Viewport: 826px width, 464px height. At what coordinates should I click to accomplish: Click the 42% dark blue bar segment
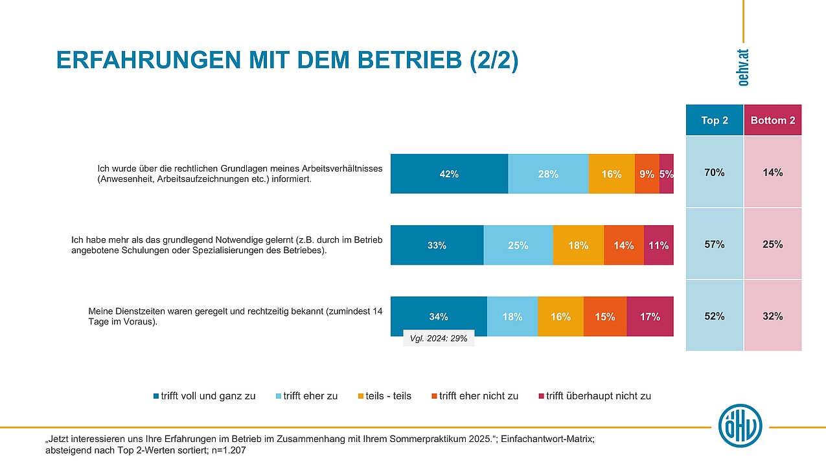[x=449, y=174]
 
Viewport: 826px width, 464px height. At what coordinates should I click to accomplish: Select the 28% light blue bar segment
[x=548, y=174]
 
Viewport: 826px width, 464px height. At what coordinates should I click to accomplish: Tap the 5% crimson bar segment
[x=667, y=174]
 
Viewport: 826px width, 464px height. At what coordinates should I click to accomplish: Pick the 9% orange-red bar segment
[x=647, y=174]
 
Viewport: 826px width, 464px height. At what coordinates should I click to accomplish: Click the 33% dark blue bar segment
[x=437, y=246]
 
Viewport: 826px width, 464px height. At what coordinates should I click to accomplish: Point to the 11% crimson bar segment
[x=658, y=246]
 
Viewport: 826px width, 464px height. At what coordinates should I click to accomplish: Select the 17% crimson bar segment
[x=650, y=316]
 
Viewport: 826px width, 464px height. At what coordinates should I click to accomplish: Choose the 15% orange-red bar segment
[x=605, y=316]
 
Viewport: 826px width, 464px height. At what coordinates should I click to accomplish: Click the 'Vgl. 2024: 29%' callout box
[x=439, y=338]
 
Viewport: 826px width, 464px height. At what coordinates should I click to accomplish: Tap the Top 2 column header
[x=715, y=120]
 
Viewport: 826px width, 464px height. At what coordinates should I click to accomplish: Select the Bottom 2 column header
[x=772, y=120]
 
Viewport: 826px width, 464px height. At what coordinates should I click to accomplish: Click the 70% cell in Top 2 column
[x=715, y=173]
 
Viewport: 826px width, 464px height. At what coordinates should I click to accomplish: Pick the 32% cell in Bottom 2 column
[x=772, y=316]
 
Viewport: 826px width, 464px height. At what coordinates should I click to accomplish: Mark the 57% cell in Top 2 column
[x=715, y=245]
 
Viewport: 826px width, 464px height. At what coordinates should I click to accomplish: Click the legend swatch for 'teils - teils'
[x=360, y=396]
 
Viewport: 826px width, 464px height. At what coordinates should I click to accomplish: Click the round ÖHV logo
[x=740, y=426]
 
